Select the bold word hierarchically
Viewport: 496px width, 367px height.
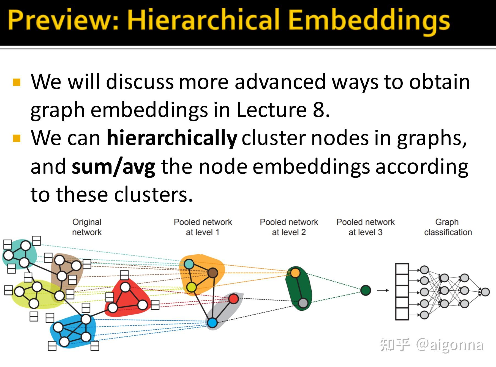(x=171, y=138)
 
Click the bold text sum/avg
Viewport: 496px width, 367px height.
(x=113, y=166)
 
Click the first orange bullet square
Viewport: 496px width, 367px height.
(x=17, y=82)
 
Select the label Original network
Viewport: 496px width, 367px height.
(x=87, y=227)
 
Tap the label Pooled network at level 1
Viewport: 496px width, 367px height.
(x=203, y=227)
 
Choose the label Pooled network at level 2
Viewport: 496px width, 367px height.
(x=289, y=227)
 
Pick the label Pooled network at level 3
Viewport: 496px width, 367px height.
(x=366, y=227)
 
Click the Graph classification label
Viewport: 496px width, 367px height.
(x=448, y=227)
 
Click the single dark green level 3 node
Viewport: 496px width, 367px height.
(x=366, y=290)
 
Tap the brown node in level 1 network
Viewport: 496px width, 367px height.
(x=212, y=273)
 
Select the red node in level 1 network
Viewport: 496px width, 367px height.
(x=233, y=299)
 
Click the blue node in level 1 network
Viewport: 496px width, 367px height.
(x=212, y=322)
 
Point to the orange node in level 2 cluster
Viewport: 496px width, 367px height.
(x=295, y=273)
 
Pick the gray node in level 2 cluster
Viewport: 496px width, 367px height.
(x=303, y=303)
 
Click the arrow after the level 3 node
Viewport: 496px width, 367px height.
(x=383, y=290)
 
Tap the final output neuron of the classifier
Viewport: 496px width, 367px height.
(x=485, y=292)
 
